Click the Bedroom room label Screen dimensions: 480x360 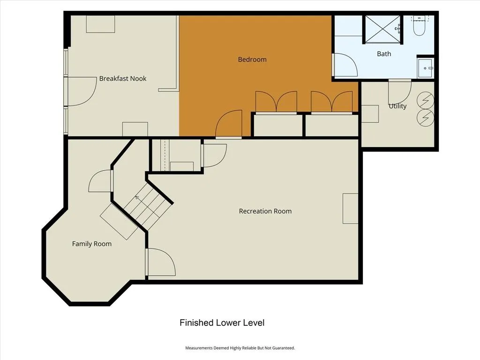[252, 60]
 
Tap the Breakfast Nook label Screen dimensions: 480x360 [123, 78]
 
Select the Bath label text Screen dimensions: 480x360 [384, 54]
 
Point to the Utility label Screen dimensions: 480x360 [397, 106]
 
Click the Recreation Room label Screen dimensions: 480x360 [265, 211]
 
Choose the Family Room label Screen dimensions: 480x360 [92, 244]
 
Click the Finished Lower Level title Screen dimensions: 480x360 [222, 322]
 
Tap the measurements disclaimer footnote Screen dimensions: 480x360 [240, 348]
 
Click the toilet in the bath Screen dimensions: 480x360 [419, 26]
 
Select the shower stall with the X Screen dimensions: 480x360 [382, 30]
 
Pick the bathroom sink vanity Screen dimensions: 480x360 [426, 68]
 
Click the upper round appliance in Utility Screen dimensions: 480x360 [426, 100]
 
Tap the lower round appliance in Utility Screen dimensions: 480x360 [426, 117]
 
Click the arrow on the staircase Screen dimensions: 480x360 [137, 198]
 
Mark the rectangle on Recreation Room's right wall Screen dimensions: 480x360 [351, 209]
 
